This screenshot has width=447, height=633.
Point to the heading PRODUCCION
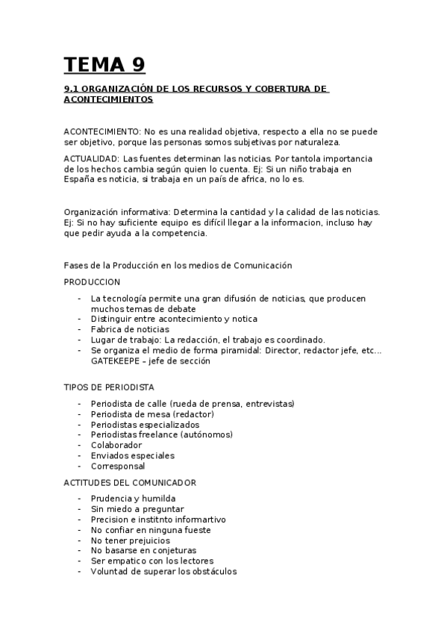92,281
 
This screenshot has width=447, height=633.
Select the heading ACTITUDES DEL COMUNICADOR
130,483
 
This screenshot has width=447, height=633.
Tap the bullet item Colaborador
117,445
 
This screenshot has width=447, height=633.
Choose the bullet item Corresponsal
118,466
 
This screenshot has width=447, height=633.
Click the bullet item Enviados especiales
132,455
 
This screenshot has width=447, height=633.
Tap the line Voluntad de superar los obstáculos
163,572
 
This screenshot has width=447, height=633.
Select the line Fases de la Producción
178,265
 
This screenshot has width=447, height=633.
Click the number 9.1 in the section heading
72,89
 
